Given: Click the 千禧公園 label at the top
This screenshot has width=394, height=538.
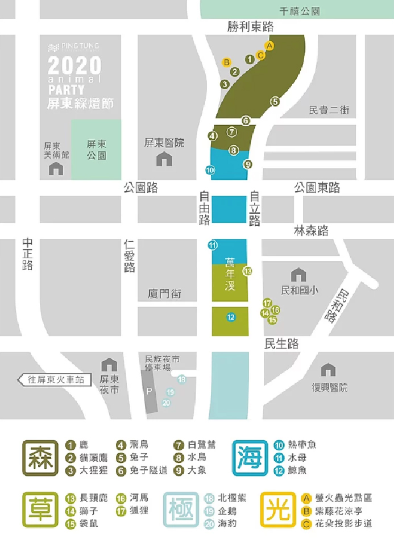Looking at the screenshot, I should (300, 11).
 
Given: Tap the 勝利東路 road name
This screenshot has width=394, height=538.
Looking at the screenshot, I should (250, 27).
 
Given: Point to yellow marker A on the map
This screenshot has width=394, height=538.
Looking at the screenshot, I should (270, 45).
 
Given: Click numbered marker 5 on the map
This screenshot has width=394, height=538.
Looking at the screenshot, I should (275, 102).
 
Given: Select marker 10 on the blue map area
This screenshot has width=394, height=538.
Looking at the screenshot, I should (210, 169).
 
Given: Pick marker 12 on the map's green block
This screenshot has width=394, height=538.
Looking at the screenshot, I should (230, 317).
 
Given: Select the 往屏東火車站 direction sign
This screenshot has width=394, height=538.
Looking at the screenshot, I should (55, 379).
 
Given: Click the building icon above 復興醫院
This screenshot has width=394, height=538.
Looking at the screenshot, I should (329, 371).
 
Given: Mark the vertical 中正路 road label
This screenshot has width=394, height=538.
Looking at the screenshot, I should (27, 254).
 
